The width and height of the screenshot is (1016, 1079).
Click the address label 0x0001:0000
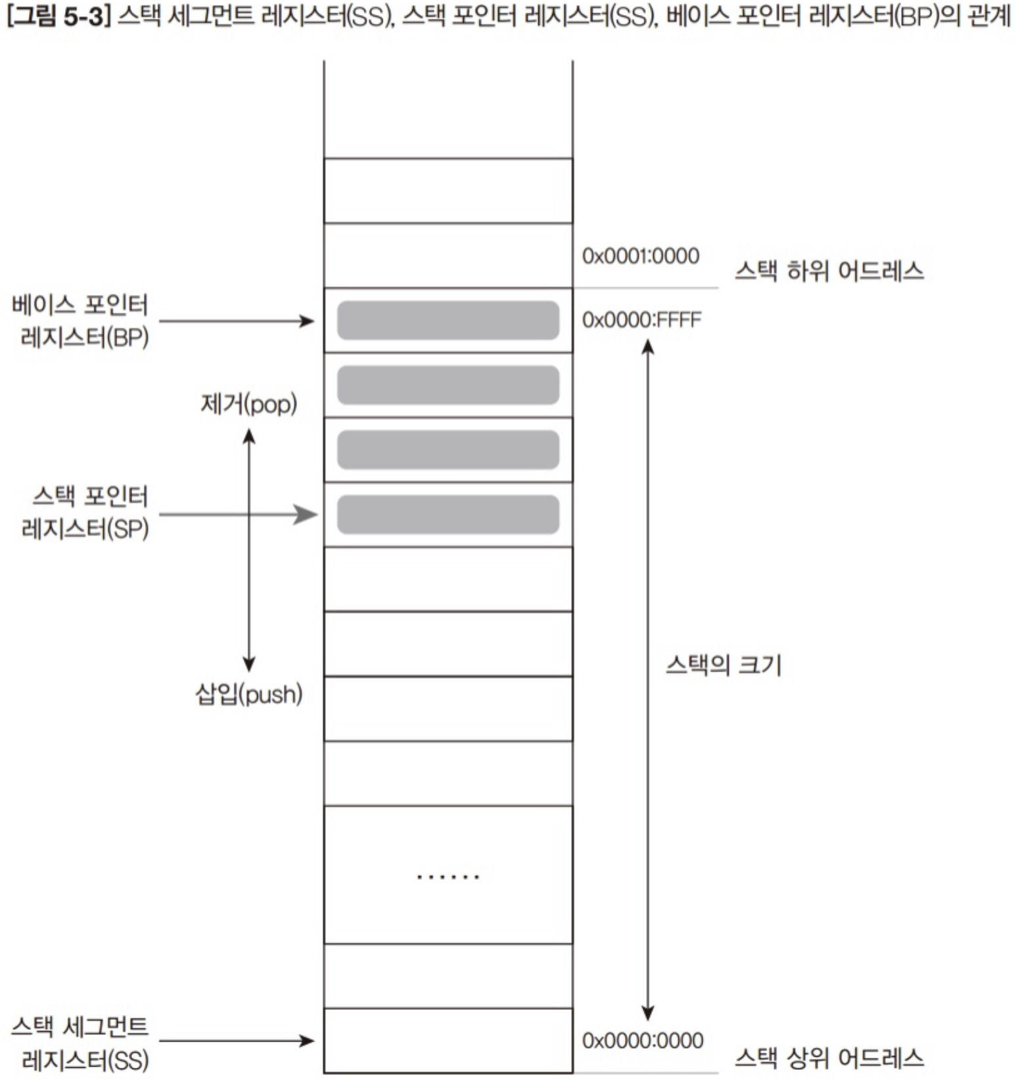(x=641, y=256)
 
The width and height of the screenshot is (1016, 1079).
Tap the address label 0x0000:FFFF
(x=642, y=320)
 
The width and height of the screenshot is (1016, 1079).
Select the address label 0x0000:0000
(x=643, y=1040)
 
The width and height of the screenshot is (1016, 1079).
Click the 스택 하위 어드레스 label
(x=829, y=271)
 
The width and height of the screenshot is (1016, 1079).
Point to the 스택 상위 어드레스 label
(x=829, y=1057)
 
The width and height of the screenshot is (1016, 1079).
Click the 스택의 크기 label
(x=724, y=665)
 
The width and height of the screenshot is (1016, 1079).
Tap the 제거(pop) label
(x=249, y=403)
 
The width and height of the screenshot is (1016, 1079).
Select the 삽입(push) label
(x=249, y=694)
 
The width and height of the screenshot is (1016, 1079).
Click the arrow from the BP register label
(x=237, y=321)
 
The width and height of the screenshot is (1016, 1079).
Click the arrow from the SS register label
(x=237, y=1041)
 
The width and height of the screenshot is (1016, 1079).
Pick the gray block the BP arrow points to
(x=448, y=321)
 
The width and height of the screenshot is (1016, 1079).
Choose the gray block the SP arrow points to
(x=448, y=515)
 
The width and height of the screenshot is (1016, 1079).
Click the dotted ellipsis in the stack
(x=448, y=877)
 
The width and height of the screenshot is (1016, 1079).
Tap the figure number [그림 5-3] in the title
(x=57, y=16)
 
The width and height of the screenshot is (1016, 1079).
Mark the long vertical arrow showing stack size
(x=648, y=680)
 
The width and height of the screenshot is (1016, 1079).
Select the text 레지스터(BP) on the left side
(x=85, y=338)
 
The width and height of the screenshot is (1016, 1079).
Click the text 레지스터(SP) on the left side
(x=85, y=528)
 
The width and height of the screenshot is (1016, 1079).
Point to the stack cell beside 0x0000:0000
(x=448, y=1041)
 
